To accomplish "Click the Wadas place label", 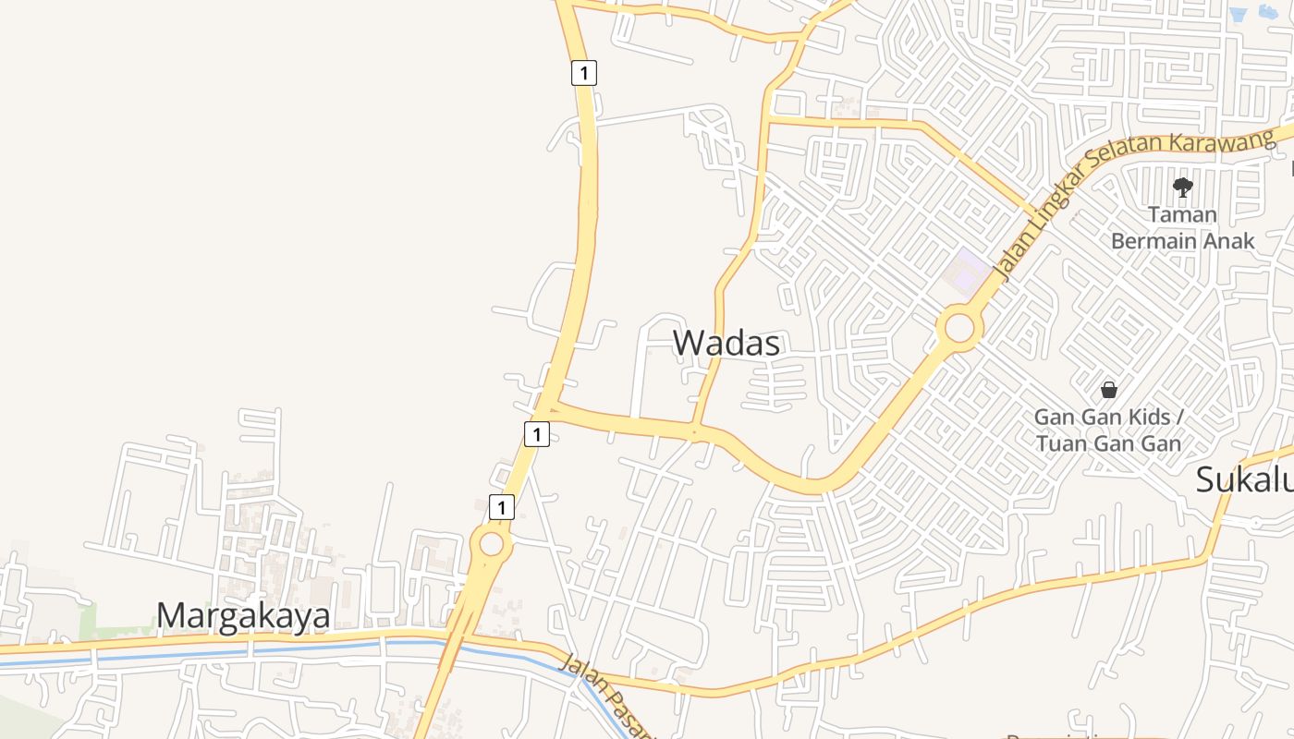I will click(726, 343).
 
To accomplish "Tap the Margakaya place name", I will click(243, 615).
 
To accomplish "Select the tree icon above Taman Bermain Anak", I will click(1182, 188).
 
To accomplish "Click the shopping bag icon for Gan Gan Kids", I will click(1109, 390).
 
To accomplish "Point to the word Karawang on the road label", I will click(1222, 143).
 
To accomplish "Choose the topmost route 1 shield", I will click(583, 73).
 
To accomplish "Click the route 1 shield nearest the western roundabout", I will click(501, 507).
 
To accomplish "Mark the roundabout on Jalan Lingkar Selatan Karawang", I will click(959, 328).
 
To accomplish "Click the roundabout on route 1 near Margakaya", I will click(492, 544).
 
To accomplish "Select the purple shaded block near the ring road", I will click(965, 271).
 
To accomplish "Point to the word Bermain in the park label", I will click(1152, 241).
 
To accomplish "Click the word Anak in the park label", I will click(1226, 241).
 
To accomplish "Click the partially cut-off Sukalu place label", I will click(1244, 480).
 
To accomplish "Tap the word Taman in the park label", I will click(1182, 214).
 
